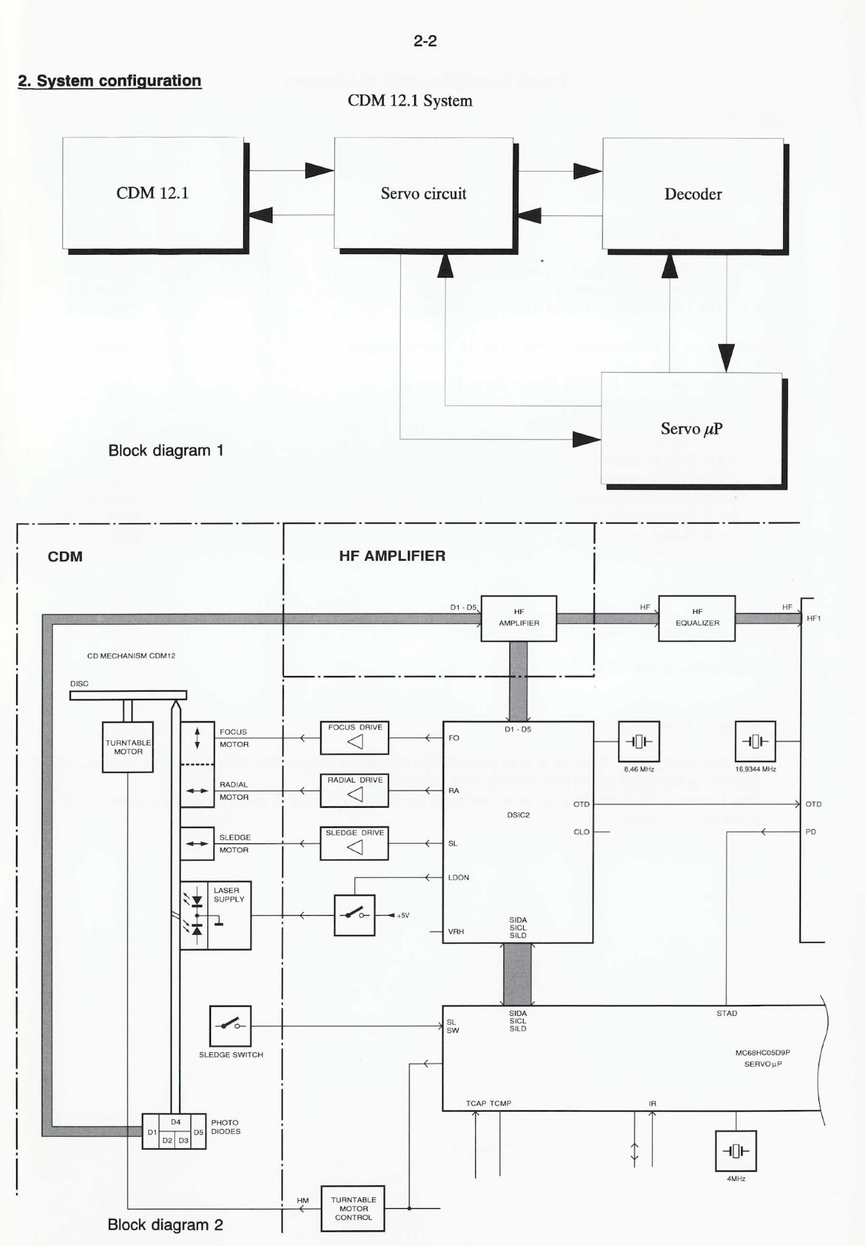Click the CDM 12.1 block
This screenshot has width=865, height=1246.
(x=153, y=193)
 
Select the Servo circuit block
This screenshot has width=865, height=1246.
(x=423, y=194)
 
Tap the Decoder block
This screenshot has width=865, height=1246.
(x=693, y=194)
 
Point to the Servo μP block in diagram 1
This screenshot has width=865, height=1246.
(x=691, y=429)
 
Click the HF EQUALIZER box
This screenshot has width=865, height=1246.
(x=697, y=618)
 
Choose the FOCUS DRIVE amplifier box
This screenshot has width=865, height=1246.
(x=354, y=738)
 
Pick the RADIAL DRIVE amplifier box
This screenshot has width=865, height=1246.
(x=354, y=791)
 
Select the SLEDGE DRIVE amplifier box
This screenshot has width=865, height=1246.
(x=354, y=843)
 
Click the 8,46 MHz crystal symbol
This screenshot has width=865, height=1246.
(x=639, y=742)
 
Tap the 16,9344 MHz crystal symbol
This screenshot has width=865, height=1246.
(x=755, y=742)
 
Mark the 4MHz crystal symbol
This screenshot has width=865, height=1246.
(x=736, y=1151)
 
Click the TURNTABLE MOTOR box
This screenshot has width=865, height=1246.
(x=128, y=747)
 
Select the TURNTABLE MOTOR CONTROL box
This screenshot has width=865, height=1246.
(x=353, y=1208)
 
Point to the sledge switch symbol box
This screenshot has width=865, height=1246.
(x=230, y=1027)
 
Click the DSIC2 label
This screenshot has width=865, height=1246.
(x=518, y=815)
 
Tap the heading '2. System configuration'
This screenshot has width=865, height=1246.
(x=109, y=81)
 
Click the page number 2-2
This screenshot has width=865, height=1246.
(x=425, y=41)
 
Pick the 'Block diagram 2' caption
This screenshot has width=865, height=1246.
(x=165, y=1224)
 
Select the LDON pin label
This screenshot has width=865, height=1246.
(x=458, y=877)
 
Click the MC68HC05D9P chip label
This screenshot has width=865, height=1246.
(x=762, y=1052)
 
